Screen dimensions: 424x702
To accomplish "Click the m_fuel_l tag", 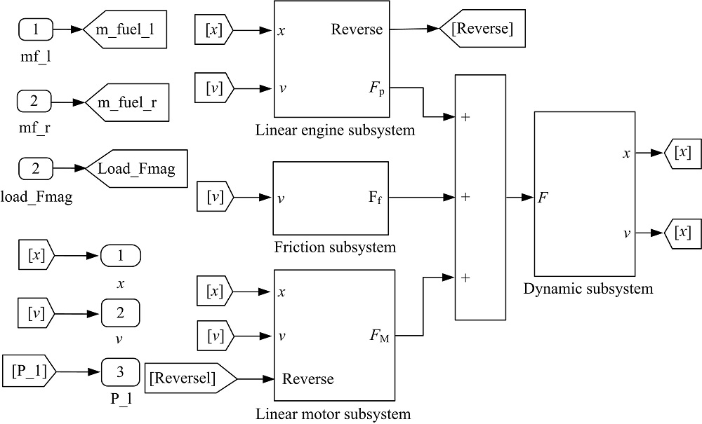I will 125,29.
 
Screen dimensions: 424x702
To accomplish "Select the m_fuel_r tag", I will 126,102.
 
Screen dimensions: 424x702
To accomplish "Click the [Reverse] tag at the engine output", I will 483,29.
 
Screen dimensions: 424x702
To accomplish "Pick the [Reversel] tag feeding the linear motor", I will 190,378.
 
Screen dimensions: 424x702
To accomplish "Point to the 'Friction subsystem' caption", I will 335,247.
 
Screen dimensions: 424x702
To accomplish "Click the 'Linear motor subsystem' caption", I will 333,413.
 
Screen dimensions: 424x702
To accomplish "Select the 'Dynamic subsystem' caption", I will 588,289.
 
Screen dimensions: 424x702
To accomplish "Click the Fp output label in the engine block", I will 378,88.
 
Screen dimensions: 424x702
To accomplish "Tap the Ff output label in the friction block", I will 377,198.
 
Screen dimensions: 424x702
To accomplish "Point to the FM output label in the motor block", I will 379,336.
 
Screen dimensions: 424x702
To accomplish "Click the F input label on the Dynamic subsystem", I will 542,198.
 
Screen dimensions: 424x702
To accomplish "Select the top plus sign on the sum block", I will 465,116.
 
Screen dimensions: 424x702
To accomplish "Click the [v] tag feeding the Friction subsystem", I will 213,198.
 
